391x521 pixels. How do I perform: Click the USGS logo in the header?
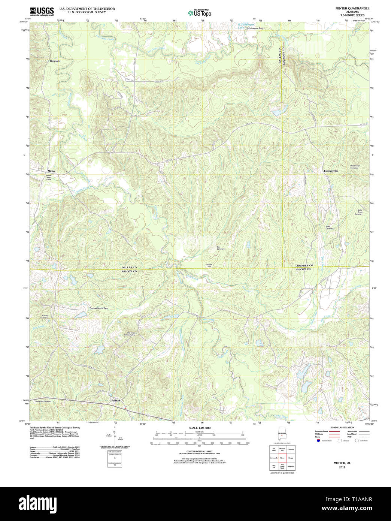click(x=42, y=11)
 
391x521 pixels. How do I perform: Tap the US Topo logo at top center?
click(x=200, y=13)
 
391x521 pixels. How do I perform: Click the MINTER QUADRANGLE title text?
click(x=347, y=8)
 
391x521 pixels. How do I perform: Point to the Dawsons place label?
click(x=55, y=61)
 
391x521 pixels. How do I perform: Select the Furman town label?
click(x=116, y=401)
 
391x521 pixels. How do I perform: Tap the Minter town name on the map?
click(x=51, y=171)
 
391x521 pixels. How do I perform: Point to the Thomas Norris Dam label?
click(x=98, y=308)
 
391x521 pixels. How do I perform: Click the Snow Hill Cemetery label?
click(x=43, y=401)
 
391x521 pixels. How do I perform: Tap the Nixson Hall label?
click(x=209, y=265)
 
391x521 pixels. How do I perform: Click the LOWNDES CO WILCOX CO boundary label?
click(x=304, y=267)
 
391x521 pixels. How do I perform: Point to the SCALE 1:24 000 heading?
click(x=199, y=428)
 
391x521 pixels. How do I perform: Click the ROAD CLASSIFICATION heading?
click(x=342, y=428)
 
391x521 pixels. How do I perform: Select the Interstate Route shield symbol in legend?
click(x=318, y=441)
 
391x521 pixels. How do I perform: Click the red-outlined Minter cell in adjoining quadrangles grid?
click(x=282, y=458)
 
